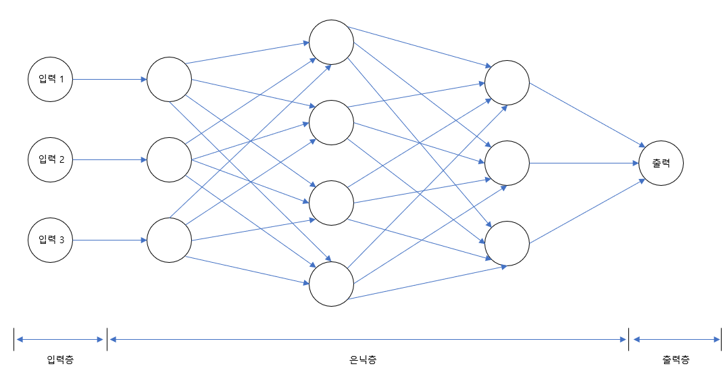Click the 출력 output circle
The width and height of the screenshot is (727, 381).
click(x=661, y=163)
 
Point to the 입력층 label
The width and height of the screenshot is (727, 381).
click(x=60, y=359)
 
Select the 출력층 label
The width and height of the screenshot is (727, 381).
click(x=676, y=359)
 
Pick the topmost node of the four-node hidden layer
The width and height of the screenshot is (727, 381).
click(x=331, y=43)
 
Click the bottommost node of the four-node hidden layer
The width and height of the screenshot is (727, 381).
click(x=331, y=284)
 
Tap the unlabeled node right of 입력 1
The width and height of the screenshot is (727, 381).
click(x=169, y=79)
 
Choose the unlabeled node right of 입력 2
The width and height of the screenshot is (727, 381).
click(x=169, y=159)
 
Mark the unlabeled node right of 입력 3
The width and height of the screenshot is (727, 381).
click(x=169, y=240)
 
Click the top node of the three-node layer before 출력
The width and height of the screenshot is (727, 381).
click(x=507, y=83)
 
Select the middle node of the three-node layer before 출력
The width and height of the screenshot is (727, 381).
click(x=507, y=163)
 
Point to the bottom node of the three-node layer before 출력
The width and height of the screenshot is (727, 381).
click(x=507, y=243)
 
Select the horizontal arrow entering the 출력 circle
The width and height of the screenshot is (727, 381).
click(x=584, y=163)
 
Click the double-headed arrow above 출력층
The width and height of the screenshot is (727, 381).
click(x=676, y=340)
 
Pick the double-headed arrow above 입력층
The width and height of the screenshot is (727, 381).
click(x=60, y=340)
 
